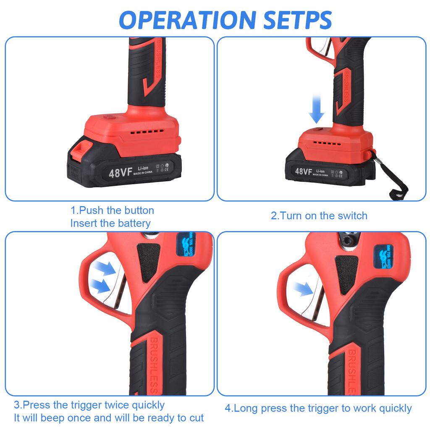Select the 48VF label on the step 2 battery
click(303, 171)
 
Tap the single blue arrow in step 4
click(303, 288)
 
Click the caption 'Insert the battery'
click(110, 223)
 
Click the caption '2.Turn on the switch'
click(319, 216)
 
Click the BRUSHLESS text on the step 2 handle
click(346, 87)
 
